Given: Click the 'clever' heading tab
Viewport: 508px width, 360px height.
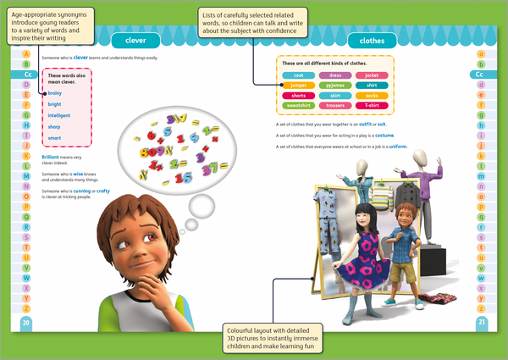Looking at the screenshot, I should [135, 40].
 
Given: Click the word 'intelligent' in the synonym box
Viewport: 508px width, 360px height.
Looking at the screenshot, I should [60, 115].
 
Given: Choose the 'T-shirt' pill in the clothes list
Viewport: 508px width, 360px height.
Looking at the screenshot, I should [372, 108].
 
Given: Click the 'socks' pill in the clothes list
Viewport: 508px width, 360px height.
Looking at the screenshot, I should [372, 97].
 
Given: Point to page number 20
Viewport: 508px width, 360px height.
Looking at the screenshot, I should [25, 322].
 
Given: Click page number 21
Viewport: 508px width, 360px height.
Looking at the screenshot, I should [481, 322].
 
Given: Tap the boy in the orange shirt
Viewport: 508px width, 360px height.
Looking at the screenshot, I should [411, 246].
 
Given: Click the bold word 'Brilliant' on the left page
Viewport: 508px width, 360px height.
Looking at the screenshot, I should [51, 157].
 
